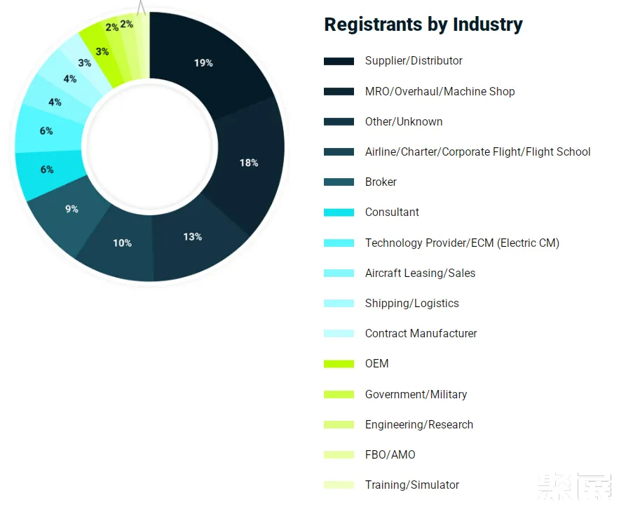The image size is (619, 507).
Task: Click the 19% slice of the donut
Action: coord(203,63)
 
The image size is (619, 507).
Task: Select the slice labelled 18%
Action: coord(249,163)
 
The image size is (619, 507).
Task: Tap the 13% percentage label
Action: coord(193,237)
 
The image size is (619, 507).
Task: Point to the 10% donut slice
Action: coord(122,243)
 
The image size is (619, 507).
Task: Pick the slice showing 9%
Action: coord(72,209)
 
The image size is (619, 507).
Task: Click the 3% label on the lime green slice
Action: coord(102,51)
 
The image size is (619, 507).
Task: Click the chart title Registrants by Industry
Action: coord(423,25)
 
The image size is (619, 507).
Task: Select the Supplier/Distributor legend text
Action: coord(414,61)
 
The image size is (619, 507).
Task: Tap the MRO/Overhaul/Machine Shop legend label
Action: coord(440,91)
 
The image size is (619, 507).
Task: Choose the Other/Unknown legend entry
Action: coord(404,121)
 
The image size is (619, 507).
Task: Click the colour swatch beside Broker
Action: coord(339,182)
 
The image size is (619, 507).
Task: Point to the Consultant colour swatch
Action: coord(339,212)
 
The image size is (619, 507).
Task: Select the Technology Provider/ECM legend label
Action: coord(462,243)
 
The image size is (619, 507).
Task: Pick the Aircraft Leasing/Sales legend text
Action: coord(420,273)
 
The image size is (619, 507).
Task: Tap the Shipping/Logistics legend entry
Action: coord(411,303)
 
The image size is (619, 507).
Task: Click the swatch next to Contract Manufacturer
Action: coord(339,334)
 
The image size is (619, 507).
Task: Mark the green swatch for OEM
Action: coord(339,364)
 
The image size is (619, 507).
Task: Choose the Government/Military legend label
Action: coord(416,394)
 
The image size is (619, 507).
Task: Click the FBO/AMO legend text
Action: coord(390,454)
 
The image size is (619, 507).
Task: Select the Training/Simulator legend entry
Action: coord(412,485)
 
